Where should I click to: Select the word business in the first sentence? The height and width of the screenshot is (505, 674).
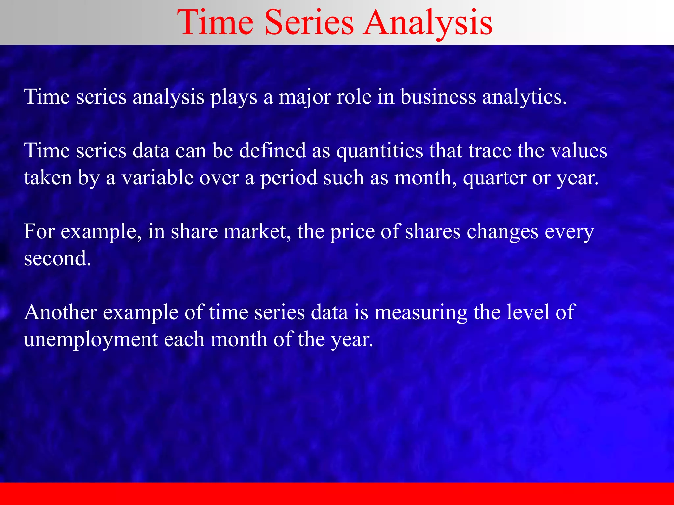pos(438,97)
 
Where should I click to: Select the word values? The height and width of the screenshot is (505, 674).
pos(579,151)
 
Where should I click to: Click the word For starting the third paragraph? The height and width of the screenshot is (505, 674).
pos(39,231)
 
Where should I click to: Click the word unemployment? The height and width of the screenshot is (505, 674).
pos(91,339)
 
